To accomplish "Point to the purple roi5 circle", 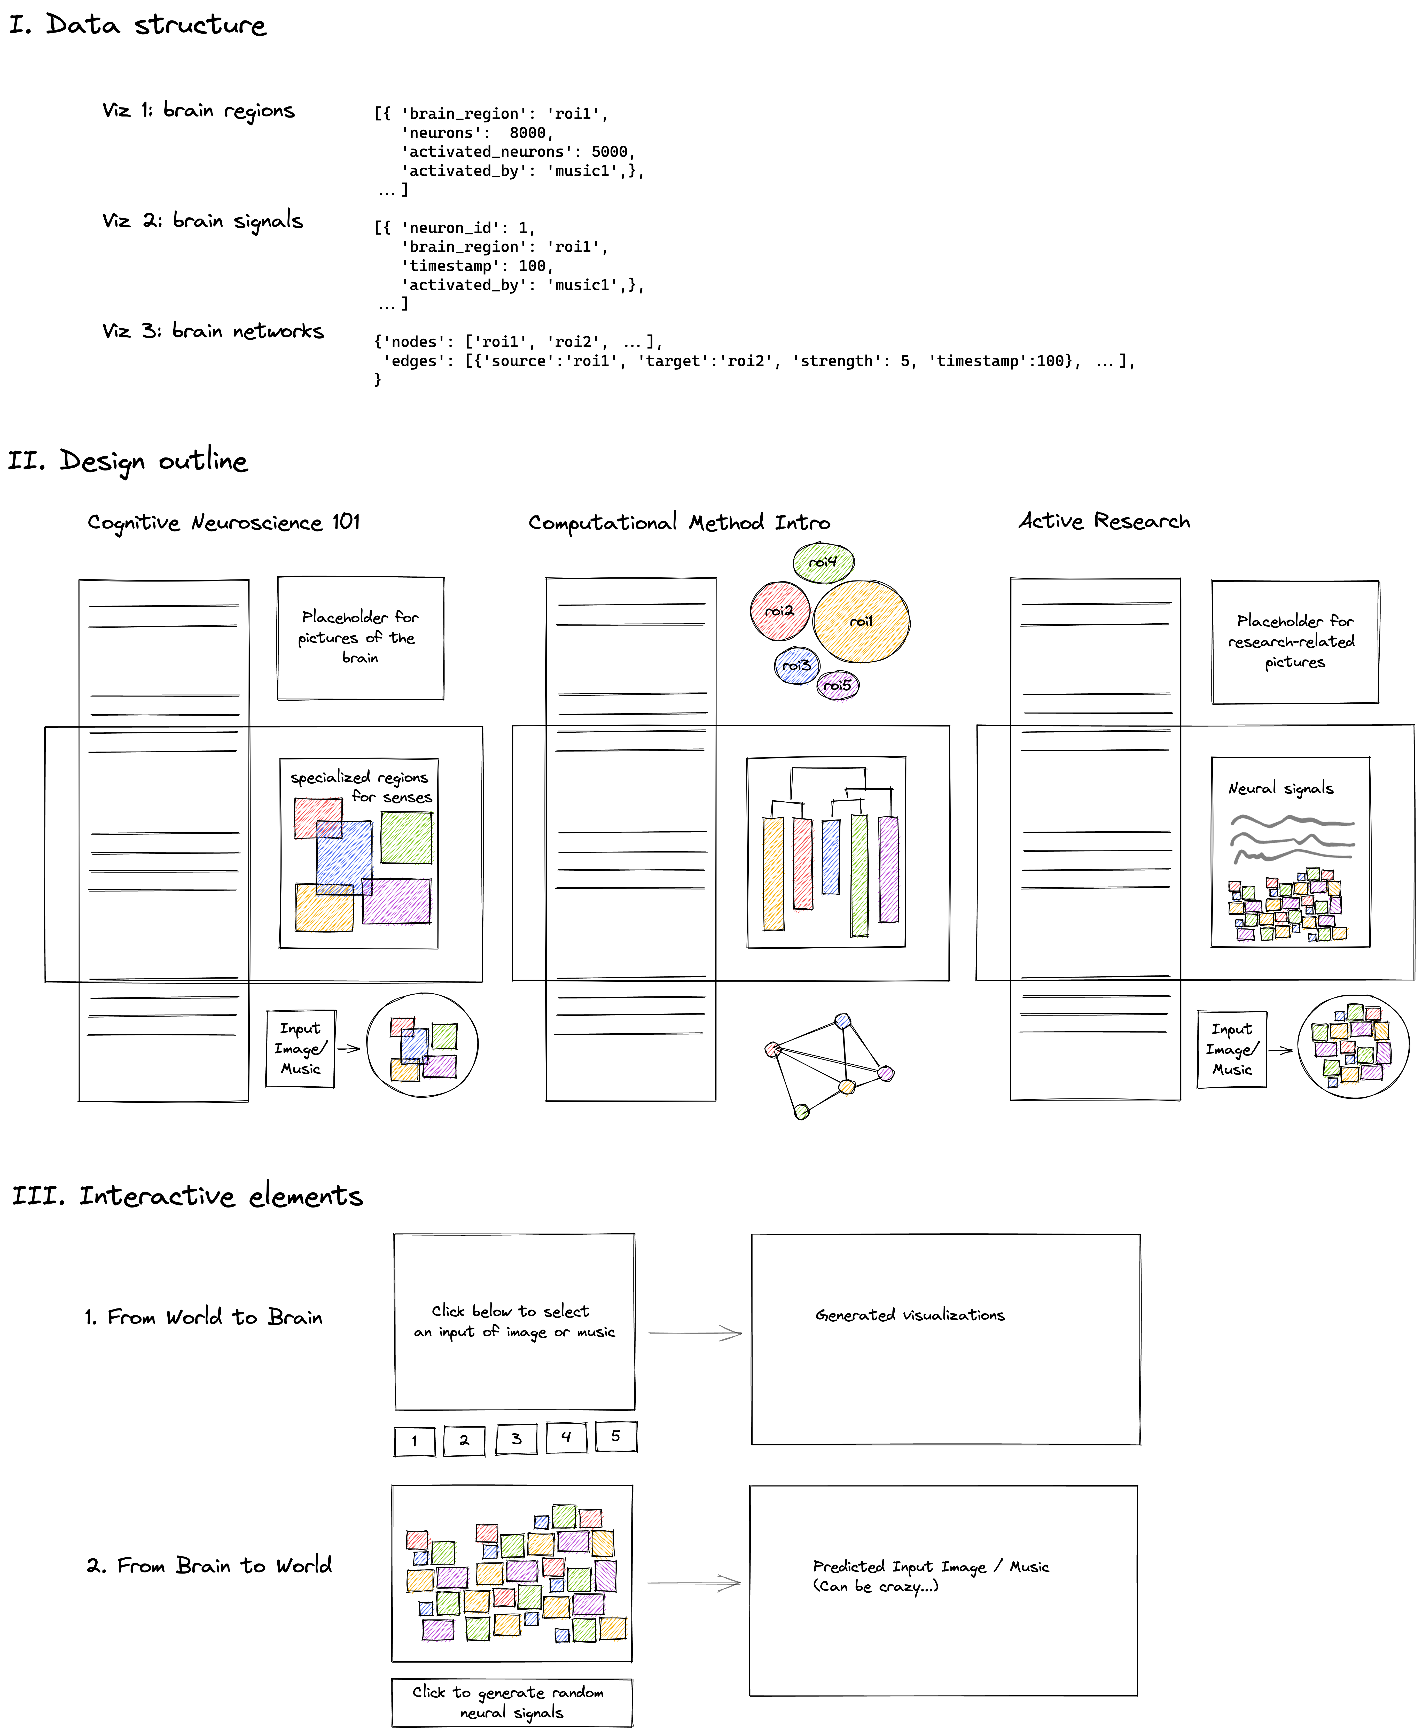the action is (837, 685).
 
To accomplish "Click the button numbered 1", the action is (415, 1441).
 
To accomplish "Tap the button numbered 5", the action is (616, 1436).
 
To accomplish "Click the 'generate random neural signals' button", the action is (512, 1702).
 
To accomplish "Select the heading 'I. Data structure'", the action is (138, 25).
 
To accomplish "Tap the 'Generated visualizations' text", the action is (909, 1315).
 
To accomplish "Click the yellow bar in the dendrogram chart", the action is (773, 873).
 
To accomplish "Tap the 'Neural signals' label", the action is (1280, 788).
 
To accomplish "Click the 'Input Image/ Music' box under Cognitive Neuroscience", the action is (301, 1049).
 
